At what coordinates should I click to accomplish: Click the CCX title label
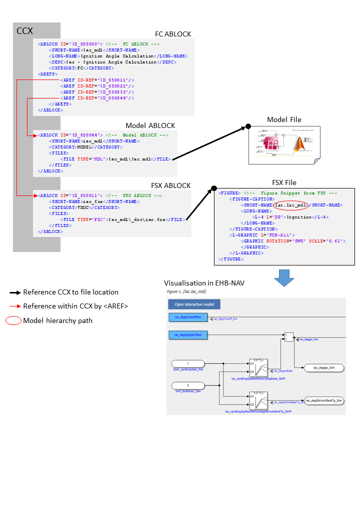[24, 31]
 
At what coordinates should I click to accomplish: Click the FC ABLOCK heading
[172, 34]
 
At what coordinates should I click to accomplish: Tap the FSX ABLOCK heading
[170, 185]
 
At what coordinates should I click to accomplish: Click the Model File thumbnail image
[284, 145]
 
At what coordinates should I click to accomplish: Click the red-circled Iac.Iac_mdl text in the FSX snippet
[290, 204]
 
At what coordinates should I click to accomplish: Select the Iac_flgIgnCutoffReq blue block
[187, 317]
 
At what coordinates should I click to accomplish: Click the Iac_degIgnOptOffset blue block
[187, 334]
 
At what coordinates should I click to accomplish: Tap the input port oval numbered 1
[188, 363]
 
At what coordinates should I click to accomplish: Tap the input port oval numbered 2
[188, 385]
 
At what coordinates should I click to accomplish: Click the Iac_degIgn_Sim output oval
[323, 367]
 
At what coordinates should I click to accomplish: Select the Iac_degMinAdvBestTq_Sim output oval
[323, 400]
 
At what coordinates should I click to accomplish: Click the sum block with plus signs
[289, 337]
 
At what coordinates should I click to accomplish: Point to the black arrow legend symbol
[15, 292]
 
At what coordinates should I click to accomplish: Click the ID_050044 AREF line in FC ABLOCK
[97, 98]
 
